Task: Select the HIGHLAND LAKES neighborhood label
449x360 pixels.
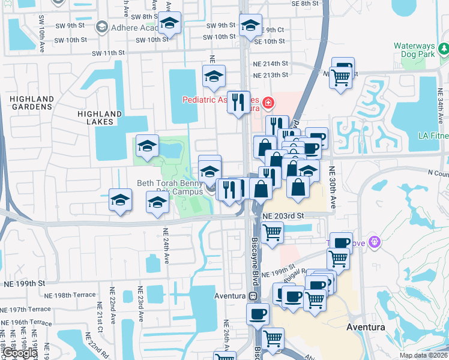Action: [95, 118]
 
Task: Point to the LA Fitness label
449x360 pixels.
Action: [433, 135]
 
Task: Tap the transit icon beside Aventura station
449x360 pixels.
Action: [253, 296]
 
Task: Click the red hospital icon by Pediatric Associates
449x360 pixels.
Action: [267, 104]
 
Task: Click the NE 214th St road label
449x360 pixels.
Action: [271, 63]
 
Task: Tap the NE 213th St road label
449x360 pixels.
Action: [271, 75]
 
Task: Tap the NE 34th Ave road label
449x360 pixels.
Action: [441, 109]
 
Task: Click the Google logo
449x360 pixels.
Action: [20, 353]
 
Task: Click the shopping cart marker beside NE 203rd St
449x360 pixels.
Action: [273, 231]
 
